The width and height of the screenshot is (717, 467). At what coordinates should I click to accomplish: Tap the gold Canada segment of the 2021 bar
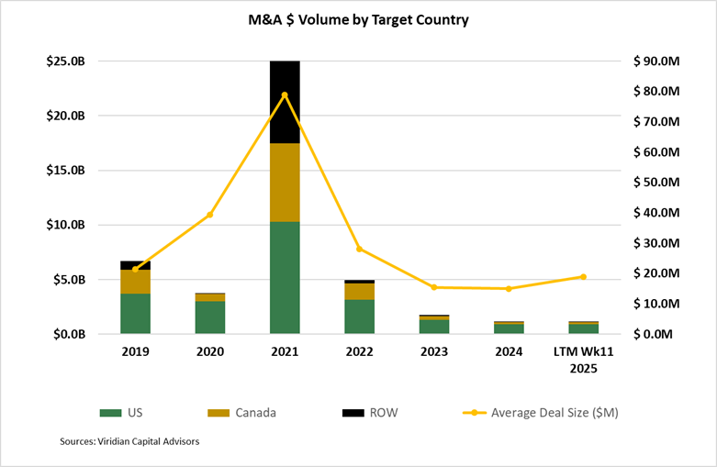pyautogui.click(x=285, y=183)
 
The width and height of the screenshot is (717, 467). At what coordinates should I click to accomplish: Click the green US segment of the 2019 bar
pyautogui.click(x=135, y=313)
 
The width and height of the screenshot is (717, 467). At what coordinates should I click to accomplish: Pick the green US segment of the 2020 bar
pyautogui.click(x=210, y=317)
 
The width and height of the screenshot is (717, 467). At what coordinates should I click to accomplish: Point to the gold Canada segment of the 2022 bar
pyautogui.click(x=359, y=291)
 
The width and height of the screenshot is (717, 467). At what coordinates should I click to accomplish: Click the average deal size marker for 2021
pyautogui.click(x=285, y=95)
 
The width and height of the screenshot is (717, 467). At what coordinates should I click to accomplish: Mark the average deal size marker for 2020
pyautogui.click(x=210, y=215)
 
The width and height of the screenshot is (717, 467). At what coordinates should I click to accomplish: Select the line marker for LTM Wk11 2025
pyautogui.click(x=583, y=277)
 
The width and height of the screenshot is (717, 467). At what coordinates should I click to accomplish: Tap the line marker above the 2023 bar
pyautogui.click(x=434, y=287)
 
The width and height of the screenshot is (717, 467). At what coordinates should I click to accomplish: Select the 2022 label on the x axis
pyautogui.click(x=359, y=351)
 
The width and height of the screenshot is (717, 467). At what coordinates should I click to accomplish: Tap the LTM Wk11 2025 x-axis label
pyautogui.click(x=583, y=359)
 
